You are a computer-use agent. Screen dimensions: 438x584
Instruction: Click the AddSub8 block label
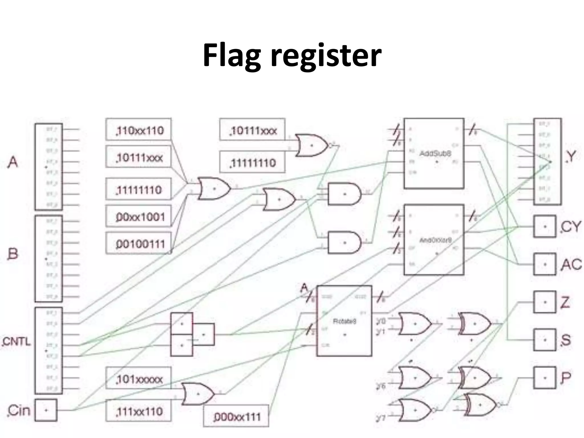(435, 153)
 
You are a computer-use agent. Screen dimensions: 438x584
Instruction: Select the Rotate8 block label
(344, 321)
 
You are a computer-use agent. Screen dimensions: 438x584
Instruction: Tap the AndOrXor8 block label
(435, 240)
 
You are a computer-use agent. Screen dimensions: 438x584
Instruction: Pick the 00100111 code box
(139, 243)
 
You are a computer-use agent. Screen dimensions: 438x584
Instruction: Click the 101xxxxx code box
(139, 378)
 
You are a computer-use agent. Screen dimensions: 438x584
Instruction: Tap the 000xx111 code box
(236, 416)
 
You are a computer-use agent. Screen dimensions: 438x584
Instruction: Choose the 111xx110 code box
(139, 411)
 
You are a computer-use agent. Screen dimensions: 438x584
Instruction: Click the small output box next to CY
(545, 227)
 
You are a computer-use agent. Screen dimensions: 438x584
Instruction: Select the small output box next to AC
(545, 264)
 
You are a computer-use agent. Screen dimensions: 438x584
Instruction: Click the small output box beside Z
(545, 302)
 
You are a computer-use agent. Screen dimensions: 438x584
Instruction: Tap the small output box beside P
(545, 378)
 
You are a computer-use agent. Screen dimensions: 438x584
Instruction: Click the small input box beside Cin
(46, 410)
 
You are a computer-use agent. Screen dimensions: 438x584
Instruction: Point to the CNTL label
(17, 341)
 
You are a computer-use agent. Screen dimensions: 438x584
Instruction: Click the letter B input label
(13, 254)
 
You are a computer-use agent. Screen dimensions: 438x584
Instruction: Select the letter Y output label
(571, 156)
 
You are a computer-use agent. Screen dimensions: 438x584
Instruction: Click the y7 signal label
(381, 418)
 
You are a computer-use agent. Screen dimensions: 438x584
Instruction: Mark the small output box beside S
(545, 340)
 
